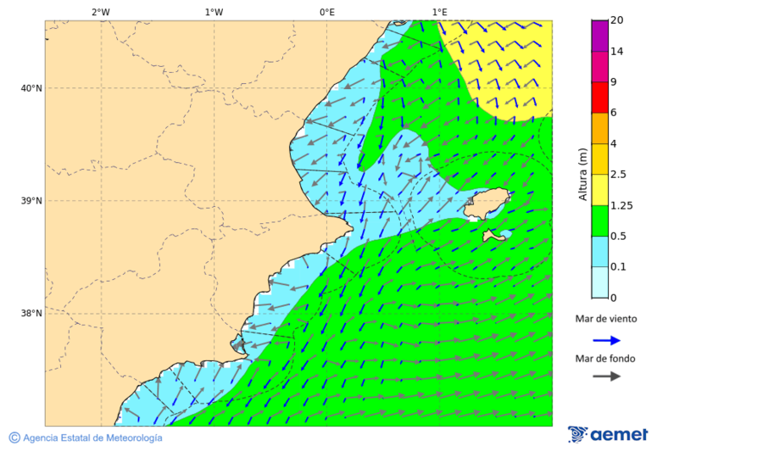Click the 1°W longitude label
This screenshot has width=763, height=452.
click(x=214, y=12)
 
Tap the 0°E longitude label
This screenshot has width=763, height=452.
click(x=326, y=12)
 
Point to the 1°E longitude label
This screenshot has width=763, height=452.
click(x=439, y=12)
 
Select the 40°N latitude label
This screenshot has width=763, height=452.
click(x=31, y=88)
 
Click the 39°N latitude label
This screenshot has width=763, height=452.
click(x=31, y=201)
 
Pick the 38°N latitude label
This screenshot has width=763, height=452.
click(x=31, y=314)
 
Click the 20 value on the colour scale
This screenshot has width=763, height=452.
click(x=617, y=20)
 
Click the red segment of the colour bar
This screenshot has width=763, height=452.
click(x=599, y=98)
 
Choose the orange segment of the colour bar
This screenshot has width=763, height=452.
click(x=599, y=128)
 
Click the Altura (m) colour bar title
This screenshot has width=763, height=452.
click(x=582, y=174)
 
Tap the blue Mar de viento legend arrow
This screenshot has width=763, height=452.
click(x=606, y=340)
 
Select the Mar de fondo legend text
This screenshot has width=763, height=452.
click(x=604, y=359)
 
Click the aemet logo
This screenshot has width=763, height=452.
click(x=608, y=435)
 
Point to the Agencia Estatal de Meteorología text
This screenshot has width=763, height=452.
click(x=92, y=438)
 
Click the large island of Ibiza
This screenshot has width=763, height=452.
click(x=487, y=204)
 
